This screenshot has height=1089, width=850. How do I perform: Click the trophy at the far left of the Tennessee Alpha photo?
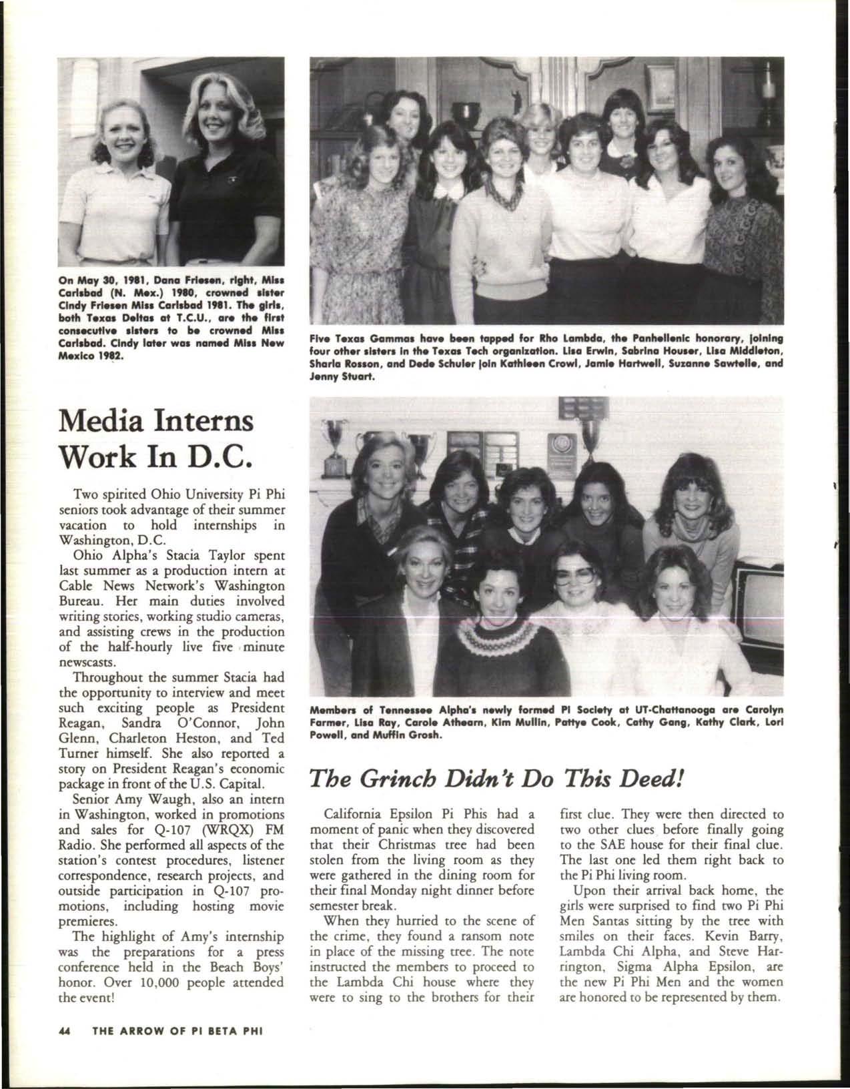(x=334, y=448)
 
